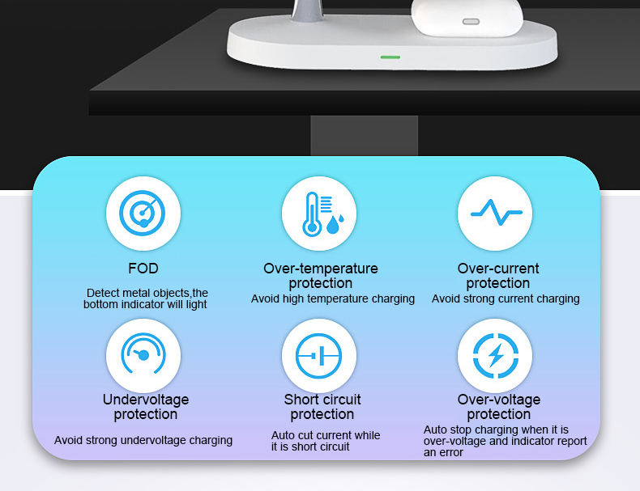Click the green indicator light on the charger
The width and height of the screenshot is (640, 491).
tap(390, 57)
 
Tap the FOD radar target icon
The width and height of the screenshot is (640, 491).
tap(143, 214)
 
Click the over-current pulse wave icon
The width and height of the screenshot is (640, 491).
tap(495, 214)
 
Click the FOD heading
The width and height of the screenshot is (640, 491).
tap(143, 269)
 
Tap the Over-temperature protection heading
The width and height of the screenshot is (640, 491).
tap(321, 276)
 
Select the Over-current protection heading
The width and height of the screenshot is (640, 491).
tap(498, 276)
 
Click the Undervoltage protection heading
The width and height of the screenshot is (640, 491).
tap(146, 407)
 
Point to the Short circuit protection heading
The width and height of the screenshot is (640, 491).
tap(322, 407)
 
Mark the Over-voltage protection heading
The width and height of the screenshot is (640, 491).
tap(498, 407)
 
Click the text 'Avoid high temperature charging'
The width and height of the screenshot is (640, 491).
tap(333, 299)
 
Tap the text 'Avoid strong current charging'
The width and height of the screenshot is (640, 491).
tap(506, 299)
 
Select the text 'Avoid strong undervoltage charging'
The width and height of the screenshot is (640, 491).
tap(143, 441)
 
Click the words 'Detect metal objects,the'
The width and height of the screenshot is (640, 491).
tap(147, 293)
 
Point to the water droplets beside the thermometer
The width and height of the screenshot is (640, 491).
tap(335, 224)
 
